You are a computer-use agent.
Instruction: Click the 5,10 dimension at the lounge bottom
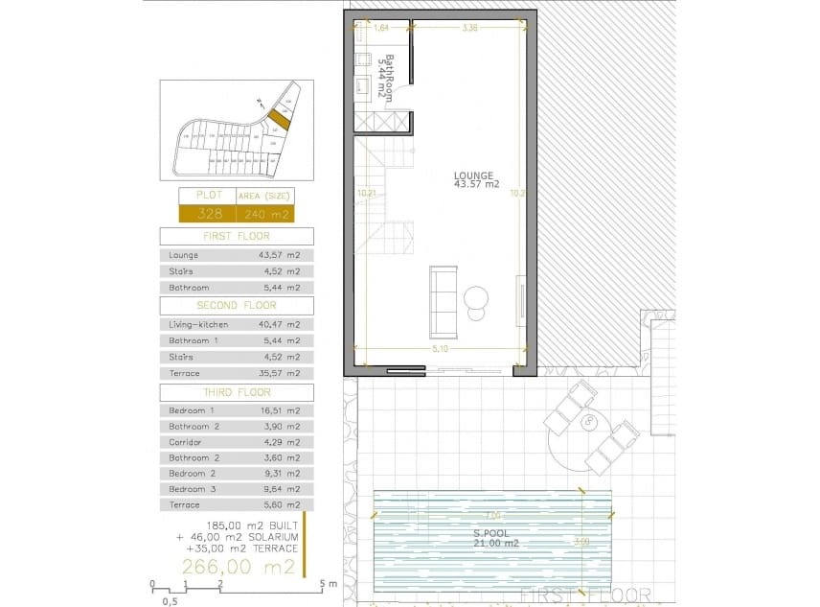click(440, 348)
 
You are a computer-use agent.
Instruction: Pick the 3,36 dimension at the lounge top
click(469, 29)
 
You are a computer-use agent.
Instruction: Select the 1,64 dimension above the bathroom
click(381, 29)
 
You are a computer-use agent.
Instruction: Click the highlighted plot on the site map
click(278, 120)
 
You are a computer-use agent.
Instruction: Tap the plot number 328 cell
click(208, 213)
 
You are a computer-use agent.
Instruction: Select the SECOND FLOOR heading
click(236, 306)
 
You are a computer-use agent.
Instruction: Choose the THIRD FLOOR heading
click(236, 392)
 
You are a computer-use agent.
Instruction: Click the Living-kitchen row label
click(198, 325)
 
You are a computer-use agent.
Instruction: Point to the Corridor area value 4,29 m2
click(280, 442)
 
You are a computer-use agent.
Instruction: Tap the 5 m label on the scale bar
click(330, 583)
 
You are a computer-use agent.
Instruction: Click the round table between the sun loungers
click(588, 421)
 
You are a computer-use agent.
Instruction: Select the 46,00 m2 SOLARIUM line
click(237, 537)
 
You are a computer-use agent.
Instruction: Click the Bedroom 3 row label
click(188, 489)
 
